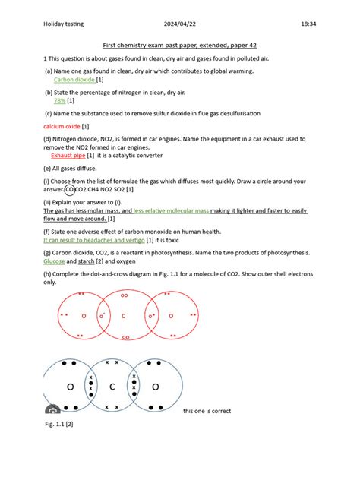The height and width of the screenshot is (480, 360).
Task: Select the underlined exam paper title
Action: click(x=179, y=46)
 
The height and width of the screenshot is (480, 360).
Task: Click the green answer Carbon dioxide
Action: click(x=74, y=79)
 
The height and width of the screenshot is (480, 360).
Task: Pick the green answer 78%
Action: click(x=59, y=100)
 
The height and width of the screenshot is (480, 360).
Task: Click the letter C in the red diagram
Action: click(x=123, y=315)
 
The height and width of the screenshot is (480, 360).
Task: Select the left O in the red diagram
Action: click(x=84, y=315)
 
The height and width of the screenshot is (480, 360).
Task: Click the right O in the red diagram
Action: click(x=170, y=315)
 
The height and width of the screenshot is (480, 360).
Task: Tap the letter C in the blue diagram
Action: click(x=112, y=387)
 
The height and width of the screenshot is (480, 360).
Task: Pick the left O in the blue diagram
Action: click(x=70, y=387)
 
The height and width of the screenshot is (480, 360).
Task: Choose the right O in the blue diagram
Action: click(x=155, y=387)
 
